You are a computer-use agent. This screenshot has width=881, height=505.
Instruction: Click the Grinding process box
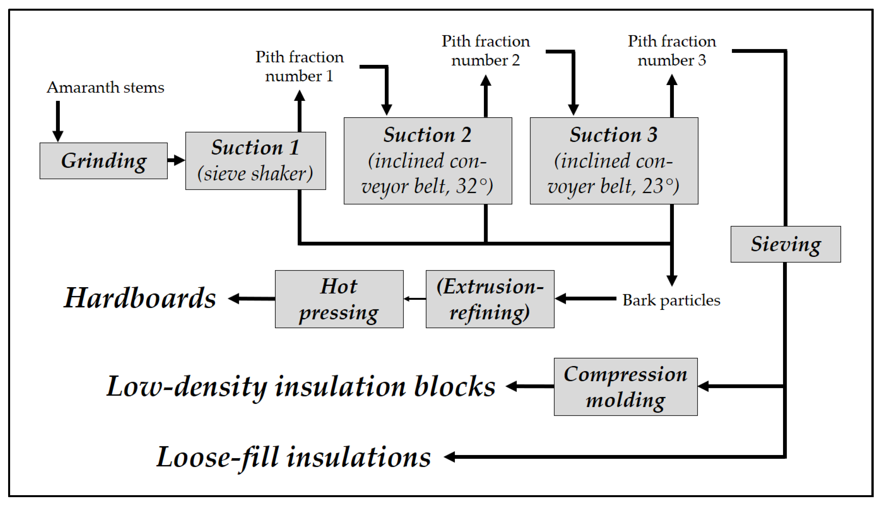point(103,161)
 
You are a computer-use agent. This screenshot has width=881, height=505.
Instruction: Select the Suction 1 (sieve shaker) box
point(255,161)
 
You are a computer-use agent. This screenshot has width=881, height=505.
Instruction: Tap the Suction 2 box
point(427,161)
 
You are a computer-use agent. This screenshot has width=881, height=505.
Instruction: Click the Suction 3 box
point(614,161)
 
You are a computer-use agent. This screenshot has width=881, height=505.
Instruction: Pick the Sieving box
point(785,244)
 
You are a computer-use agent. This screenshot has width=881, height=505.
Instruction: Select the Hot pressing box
point(339,299)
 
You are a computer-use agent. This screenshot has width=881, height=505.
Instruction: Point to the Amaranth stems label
point(106,87)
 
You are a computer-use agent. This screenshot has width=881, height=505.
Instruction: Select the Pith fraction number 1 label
point(299,66)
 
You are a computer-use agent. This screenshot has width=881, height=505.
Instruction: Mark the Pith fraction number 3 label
point(672,51)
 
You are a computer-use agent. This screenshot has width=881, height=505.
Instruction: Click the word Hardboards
point(140,298)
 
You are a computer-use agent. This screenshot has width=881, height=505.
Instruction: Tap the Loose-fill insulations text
point(294,457)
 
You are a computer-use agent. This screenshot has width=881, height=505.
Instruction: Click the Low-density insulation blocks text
point(301,387)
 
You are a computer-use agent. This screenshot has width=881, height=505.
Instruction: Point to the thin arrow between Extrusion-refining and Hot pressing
point(415,299)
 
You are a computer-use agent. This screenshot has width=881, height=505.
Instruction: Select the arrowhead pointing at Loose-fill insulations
point(450,457)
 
